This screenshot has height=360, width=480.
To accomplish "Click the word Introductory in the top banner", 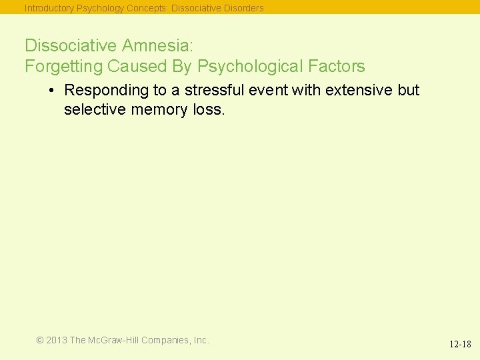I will (x=49, y=9).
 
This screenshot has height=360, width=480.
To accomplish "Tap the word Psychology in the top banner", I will (x=101, y=9).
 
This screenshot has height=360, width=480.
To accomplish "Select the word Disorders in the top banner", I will (x=243, y=9).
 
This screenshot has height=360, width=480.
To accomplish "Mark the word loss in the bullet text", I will (x=209, y=109).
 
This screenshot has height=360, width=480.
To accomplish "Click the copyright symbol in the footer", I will (x=40, y=340).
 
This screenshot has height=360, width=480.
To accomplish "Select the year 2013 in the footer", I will (x=57, y=340).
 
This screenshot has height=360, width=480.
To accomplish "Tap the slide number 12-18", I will (x=459, y=345).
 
